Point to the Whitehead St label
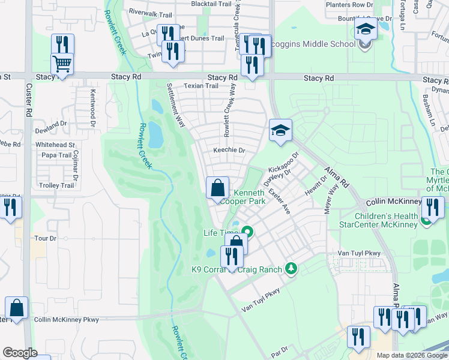tap(55, 145)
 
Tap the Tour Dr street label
tap(45, 238)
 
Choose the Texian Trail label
tap(201, 86)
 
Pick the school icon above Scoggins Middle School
tap(365, 28)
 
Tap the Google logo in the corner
tap(20, 353)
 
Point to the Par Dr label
tap(280, 348)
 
